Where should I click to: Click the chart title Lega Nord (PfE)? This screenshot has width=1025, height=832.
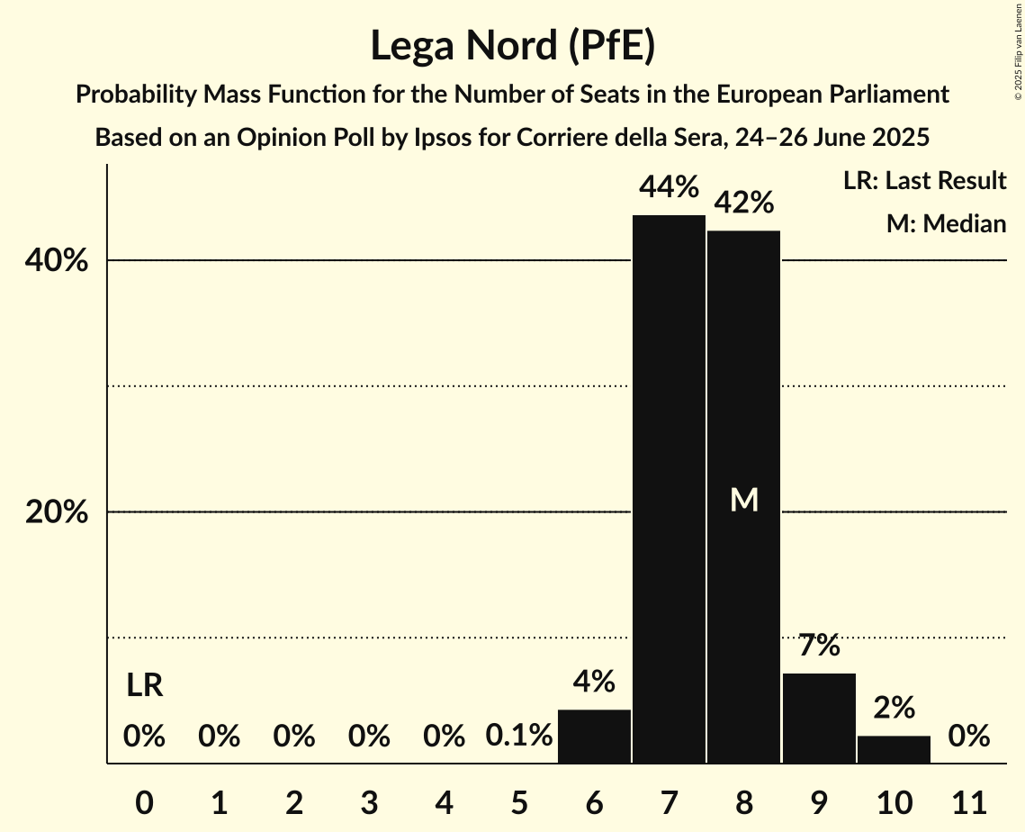click(512, 45)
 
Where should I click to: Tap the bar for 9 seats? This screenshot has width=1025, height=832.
click(819, 718)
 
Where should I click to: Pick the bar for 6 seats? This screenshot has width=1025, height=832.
click(594, 736)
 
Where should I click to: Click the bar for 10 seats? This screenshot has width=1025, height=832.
click(894, 749)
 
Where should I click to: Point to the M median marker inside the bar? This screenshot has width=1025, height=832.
click(744, 500)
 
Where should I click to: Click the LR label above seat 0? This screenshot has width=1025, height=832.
click(144, 686)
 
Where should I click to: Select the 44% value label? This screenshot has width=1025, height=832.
click(669, 187)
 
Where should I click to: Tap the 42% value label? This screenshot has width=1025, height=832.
click(744, 203)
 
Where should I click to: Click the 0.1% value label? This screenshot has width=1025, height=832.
click(519, 736)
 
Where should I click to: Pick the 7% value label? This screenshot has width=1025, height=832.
click(819, 646)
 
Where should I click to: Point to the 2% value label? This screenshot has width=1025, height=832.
click(894, 708)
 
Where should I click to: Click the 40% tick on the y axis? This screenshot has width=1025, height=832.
click(56, 261)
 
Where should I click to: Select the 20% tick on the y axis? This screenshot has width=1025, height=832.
click(56, 512)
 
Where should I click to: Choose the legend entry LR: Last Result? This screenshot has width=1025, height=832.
click(924, 181)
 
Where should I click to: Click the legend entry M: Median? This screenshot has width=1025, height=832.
click(946, 223)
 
